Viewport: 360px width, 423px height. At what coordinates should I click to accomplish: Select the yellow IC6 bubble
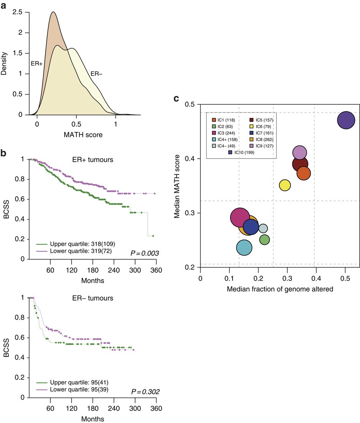tap(285, 185)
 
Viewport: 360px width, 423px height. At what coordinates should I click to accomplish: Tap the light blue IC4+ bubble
tap(244, 247)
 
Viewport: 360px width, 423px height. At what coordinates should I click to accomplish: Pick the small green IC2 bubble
tap(264, 240)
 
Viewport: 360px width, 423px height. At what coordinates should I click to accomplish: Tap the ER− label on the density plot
tap(96, 74)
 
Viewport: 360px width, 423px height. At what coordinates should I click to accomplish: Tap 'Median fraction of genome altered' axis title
tap(280, 289)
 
